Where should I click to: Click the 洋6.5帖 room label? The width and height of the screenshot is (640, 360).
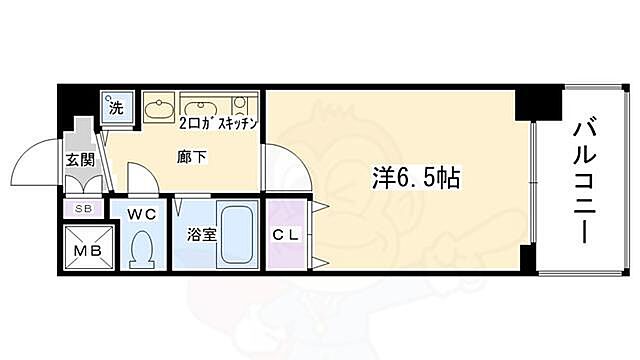click(x=419, y=181)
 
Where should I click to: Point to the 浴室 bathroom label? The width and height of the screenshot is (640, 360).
click(x=200, y=235)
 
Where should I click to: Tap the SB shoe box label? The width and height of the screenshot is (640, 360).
click(x=82, y=208)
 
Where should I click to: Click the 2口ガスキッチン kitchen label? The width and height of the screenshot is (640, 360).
click(x=219, y=123)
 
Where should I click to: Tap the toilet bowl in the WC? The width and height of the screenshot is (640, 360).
click(x=142, y=246)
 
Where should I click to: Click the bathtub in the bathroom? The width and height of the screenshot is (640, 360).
click(x=236, y=235)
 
